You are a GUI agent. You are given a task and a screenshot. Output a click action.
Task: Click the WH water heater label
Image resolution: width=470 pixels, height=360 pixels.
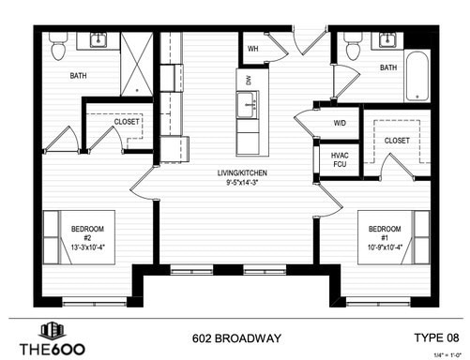click(x=253, y=49)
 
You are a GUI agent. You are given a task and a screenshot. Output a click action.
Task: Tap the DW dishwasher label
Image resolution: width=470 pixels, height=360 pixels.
click(x=249, y=82)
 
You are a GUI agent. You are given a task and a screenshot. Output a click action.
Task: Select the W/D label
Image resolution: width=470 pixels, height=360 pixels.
click(x=339, y=123)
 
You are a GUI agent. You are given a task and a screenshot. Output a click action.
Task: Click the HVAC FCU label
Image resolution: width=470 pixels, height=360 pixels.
click(x=339, y=160)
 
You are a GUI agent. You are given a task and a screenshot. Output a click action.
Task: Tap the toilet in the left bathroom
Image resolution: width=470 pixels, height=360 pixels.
click(x=58, y=43)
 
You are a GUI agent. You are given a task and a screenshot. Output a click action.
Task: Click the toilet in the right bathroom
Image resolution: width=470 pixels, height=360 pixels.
click(x=352, y=43)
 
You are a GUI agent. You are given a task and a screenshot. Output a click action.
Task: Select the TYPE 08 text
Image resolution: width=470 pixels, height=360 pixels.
click(x=436, y=337)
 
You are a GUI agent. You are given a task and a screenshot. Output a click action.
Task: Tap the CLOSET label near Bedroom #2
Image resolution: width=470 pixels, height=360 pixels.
click(x=127, y=122)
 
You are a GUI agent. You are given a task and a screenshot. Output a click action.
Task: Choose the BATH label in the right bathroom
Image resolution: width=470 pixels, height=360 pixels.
click(x=388, y=68)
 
